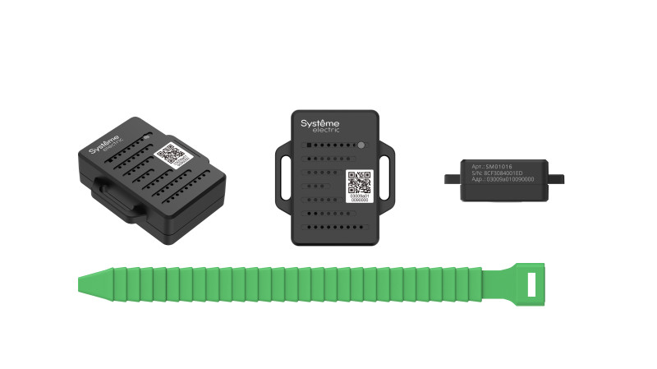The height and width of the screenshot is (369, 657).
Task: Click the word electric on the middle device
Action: [327, 131]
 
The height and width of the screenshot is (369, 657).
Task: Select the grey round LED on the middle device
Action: [361, 145]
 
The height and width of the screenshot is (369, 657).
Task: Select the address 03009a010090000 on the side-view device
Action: [503, 180]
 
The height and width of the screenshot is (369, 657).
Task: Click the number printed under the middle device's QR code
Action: [358, 200]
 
